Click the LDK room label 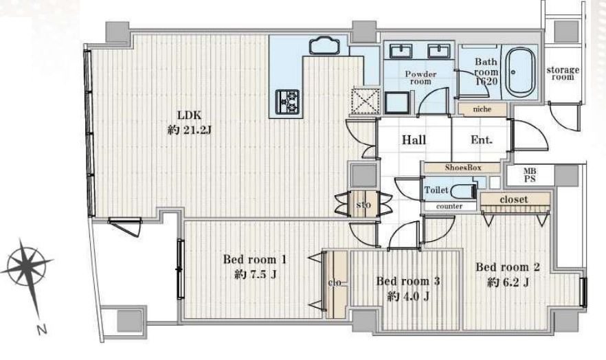pos(189,115)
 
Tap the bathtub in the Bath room pos(520,72)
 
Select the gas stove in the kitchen pos(287,102)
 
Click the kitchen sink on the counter pos(324,45)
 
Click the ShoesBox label pos(462,168)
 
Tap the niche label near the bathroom pos(482,109)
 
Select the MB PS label pos(530,175)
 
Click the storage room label pos(563,74)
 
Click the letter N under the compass pos(42,330)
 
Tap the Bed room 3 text pos(407,281)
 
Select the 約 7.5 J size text pos(255,275)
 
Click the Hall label pos(414,139)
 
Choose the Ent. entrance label pos(481,139)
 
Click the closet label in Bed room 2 pos(514,199)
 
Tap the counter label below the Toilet pos(449,206)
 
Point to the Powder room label pos(420,78)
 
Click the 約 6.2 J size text pos(508,283)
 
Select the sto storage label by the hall pos(363,204)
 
